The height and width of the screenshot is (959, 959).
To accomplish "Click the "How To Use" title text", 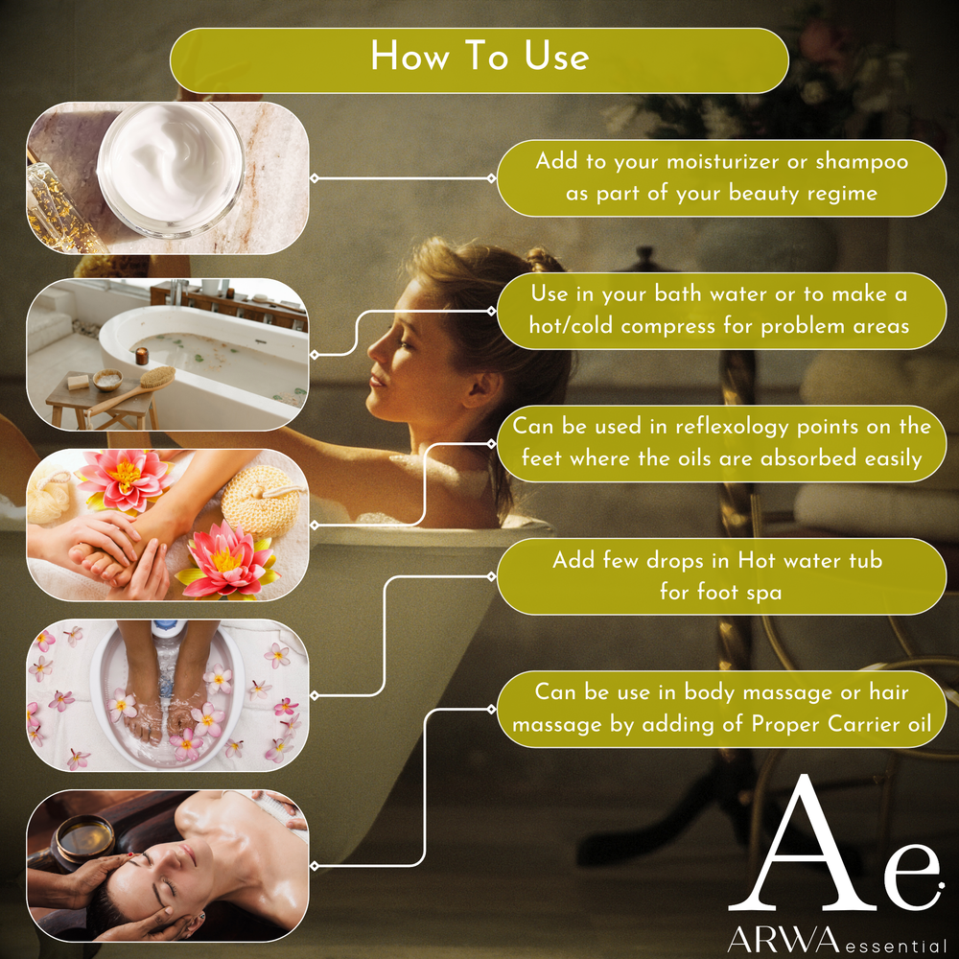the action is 479,57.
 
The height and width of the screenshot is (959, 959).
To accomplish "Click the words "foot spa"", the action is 720,592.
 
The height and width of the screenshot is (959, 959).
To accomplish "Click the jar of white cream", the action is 171,170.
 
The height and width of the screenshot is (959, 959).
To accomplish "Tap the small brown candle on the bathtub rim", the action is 142,356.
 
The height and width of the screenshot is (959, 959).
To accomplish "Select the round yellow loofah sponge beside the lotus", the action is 261,501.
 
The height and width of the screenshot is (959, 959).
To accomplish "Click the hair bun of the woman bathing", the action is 543,259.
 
